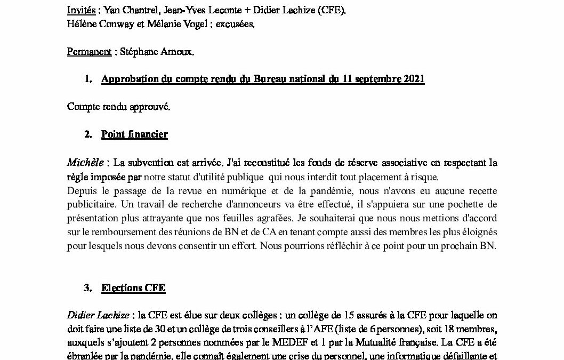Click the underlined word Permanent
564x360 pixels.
pos(88,51)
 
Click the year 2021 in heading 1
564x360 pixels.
pos(414,79)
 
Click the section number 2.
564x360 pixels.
pos(88,134)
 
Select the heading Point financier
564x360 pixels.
pos(134,134)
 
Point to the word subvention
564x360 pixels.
pos(154,162)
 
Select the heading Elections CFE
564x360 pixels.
pos(133,288)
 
